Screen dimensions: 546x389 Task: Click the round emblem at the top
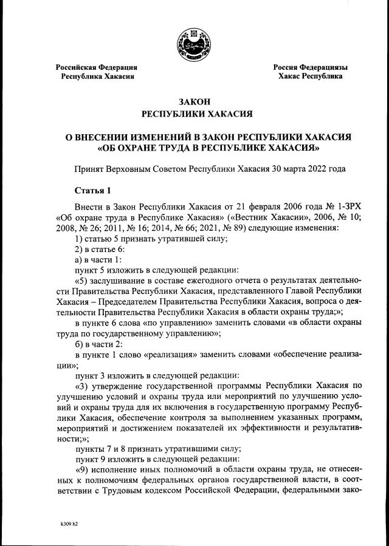click(x=194, y=45)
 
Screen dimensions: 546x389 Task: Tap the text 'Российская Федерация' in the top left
click(x=96, y=67)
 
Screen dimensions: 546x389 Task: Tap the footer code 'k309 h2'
click(x=69, y=523)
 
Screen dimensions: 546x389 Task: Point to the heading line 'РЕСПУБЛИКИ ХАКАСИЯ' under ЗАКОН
click(x=194, y=114)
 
